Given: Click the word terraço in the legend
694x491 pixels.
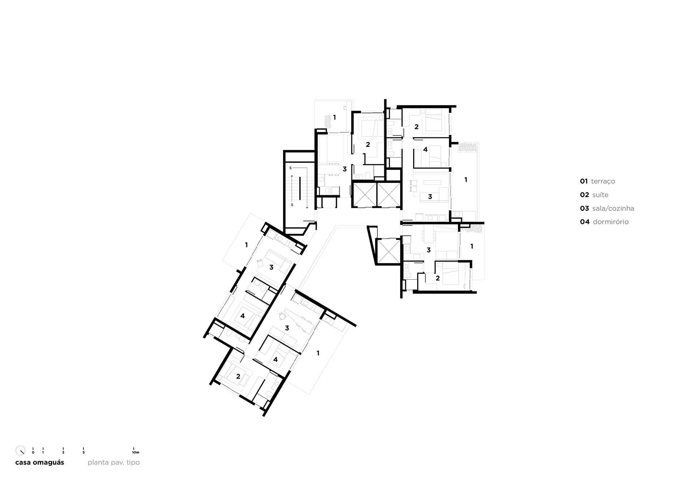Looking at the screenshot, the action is click(x=603, y=182).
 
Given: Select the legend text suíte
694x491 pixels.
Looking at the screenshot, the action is click(x=600, y=195).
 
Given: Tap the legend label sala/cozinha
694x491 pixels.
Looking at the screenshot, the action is click(x=613, y=209).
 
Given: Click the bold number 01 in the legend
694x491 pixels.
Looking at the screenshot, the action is click(x=584, y=182).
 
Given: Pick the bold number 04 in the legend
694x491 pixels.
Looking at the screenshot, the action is click(x=585, y=222).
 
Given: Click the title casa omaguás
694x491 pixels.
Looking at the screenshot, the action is click(x=40, y=462).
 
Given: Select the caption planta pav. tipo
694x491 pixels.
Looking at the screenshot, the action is click(x=113, y=462).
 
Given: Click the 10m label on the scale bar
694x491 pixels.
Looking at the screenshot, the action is click(x=136, y=452).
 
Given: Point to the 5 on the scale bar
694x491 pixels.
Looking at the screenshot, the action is click(x=83, y=452).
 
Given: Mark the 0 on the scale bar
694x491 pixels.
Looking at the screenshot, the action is click(x=33, y=452).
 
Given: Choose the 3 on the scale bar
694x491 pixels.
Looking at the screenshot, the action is click(x=63, y=452).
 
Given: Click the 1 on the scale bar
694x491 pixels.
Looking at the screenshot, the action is click(x=43, y=452).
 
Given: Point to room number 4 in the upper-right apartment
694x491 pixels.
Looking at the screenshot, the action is click(x=425, y=149).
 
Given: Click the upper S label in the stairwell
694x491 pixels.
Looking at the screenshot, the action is click(x=290, y=168).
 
